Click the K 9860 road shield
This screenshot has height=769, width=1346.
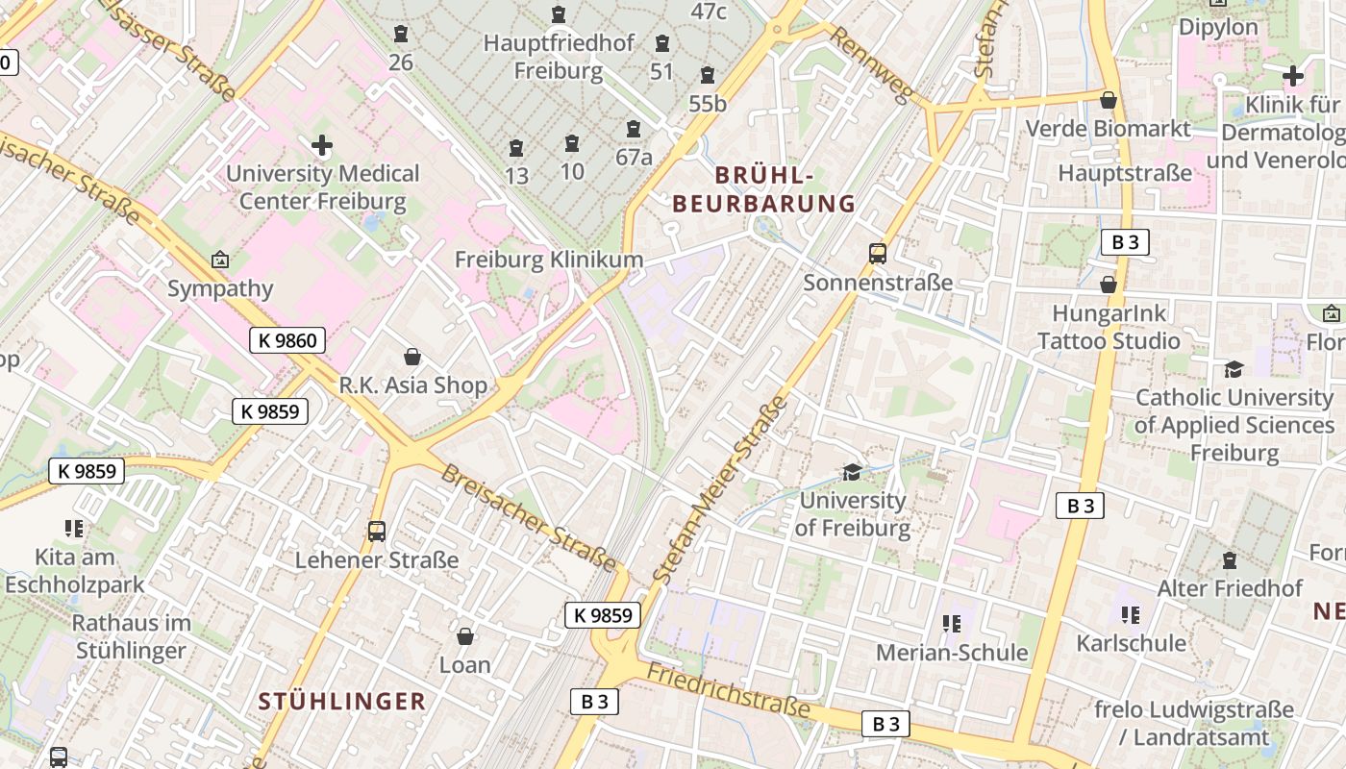[x=287, y=339]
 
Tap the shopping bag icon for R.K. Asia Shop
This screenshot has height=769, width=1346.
[x=412, y=358]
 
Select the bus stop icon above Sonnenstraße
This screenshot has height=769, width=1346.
[x=878, y=254]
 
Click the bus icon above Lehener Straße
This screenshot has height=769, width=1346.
[x=377, y=532]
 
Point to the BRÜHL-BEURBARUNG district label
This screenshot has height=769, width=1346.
[x=764, y=189]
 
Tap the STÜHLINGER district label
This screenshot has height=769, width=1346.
[x=341, y=702]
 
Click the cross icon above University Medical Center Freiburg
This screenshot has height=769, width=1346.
[x=322, y=146]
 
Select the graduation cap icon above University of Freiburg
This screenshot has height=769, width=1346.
[x=852, y=472]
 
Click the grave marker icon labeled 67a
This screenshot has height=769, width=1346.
[x=634, y=130]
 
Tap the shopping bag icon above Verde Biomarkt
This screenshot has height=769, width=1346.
[x=1109, y=100]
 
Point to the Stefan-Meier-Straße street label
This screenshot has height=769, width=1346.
[x=719, y=490]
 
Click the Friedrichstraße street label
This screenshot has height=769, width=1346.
[x=728, y=690]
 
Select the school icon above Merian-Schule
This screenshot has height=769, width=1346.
[x=952, y=624]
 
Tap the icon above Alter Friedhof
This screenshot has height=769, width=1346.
[x=1229, y=560]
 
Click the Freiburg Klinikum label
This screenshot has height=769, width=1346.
[x=548, y=260]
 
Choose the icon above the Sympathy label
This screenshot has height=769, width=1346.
[x=220, y=260]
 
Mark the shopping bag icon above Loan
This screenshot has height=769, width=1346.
[x=465, y=636]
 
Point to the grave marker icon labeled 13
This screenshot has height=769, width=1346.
[x=516, y=149]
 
